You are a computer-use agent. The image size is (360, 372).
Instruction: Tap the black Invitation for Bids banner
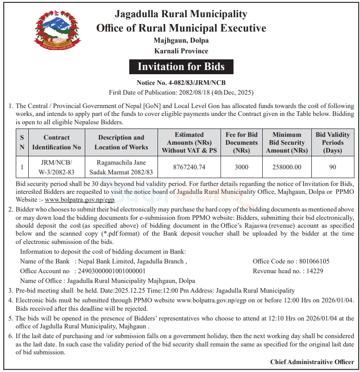(x=181, y=66)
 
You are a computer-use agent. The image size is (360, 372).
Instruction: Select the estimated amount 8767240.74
(x=189, y=167)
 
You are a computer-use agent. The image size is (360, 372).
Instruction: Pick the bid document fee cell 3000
(x=241, y=167)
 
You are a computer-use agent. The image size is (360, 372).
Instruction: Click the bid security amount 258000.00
(x=287, y=167)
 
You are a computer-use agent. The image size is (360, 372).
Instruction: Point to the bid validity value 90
(x=333, y=167)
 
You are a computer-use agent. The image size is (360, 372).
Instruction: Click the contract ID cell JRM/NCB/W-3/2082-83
(x=56, y=167)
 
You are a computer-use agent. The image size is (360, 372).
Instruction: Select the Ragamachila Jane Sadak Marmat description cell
(x=121, y=167)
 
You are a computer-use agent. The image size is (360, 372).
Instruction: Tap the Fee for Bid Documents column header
(x=241, y=142)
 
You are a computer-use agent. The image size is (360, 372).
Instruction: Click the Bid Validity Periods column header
(x=333, y=142)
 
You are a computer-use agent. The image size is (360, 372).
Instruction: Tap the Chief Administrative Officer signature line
(x=312, y=362)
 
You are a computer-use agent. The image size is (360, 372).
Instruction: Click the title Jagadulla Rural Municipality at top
(x=181, y=14)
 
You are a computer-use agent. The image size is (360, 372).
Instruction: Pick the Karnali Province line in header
(x=181, y=51)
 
